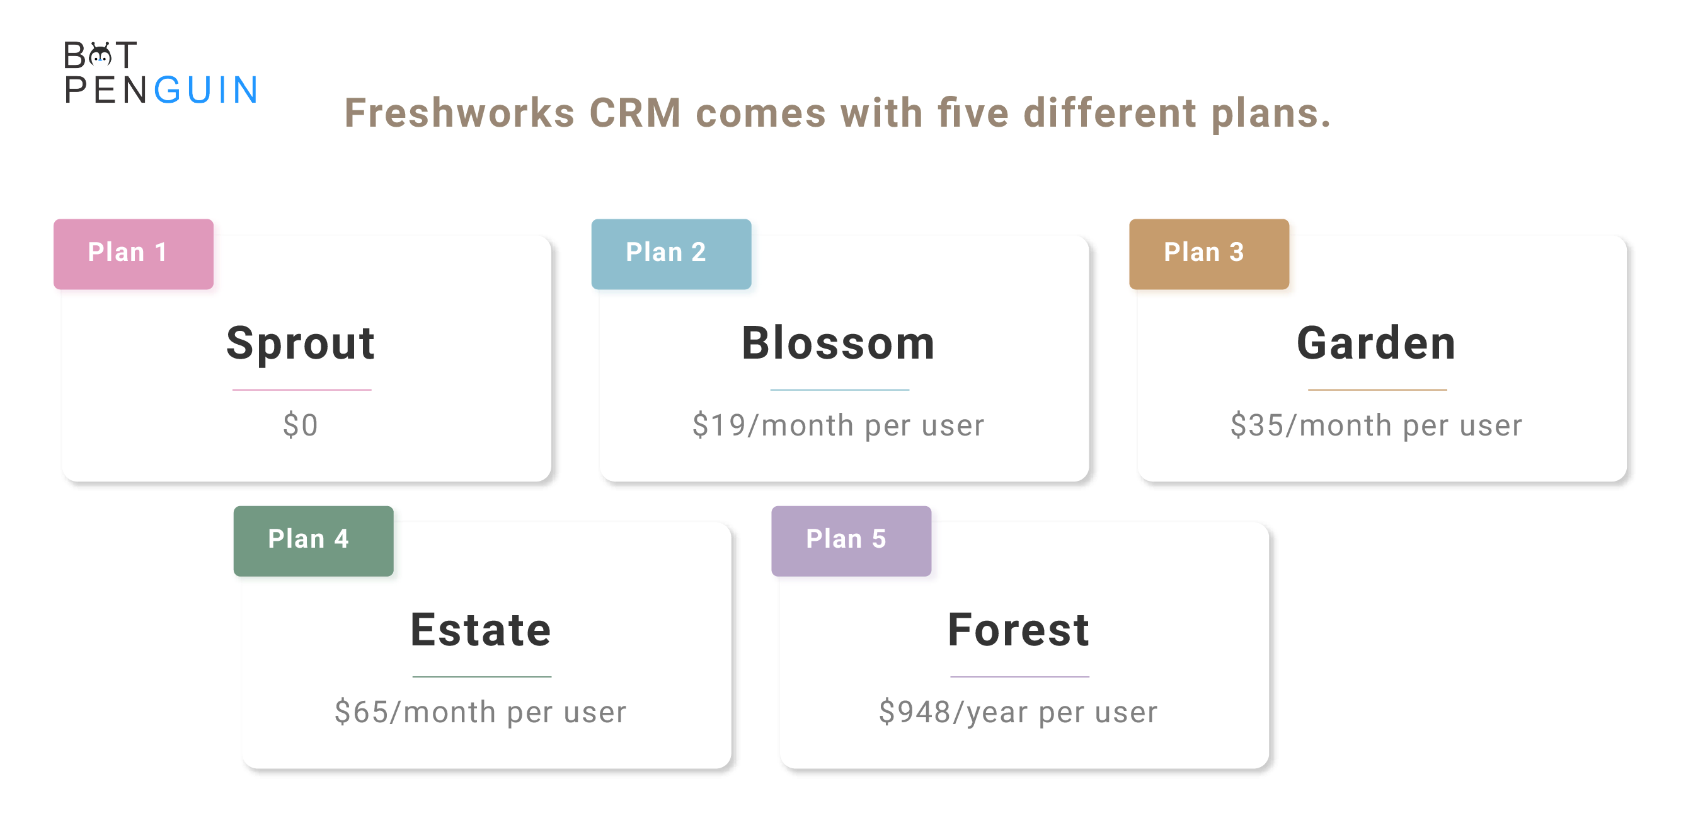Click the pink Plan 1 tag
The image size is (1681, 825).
tap(133, 254)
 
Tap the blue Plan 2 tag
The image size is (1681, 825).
tap(671, 254)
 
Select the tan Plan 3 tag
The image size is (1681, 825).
tap(1208, 254)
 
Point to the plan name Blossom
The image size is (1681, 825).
tap(839, 343)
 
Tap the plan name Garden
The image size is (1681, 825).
tap(1376, 343)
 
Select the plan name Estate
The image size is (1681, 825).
tap(481, 630)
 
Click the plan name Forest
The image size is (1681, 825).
tap(1019, 630)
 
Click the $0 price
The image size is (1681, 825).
tap(301, 425)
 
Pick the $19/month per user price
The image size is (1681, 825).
tap(839, 426)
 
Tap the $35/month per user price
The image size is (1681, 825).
tap(1376, 426)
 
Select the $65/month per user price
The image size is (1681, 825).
tap(481, 713)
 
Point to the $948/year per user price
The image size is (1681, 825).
tap(1019, 713)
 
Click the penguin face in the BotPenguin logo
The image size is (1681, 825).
tap(101, 55)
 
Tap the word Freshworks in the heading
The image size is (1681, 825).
tap(459, 113)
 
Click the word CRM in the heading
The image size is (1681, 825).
tap(636, 113)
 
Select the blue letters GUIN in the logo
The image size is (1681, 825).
tap(206, 90)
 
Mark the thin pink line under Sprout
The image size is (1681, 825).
tap(302, 389)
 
